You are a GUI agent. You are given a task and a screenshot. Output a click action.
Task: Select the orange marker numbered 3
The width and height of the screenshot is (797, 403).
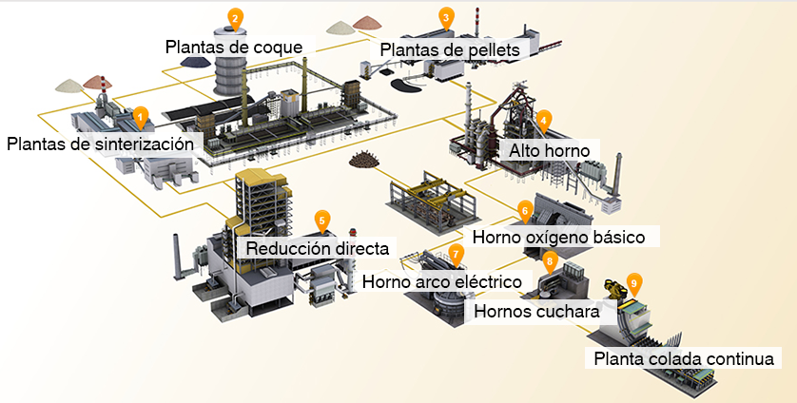pyautogui.click(x=446, y=17)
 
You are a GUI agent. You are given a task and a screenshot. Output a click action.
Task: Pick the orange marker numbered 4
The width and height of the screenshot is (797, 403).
pyautogui.click(x=543, y=120)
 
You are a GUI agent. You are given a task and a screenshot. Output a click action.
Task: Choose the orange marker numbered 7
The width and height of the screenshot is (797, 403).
pyautogui.click(x=456, y=254)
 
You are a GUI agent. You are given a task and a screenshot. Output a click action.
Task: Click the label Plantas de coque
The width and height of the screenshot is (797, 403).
pyautogui.click(x=234, y=46)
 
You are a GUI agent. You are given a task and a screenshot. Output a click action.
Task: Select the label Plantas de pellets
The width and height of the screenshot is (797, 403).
pyautogui.click(x=455, y=48)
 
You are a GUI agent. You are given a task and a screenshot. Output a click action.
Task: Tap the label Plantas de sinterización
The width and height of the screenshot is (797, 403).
pyautogui.click(x=106, y=144)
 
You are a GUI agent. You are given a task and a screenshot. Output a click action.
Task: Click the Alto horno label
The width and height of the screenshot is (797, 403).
pyautogui.click(x=549, y=150)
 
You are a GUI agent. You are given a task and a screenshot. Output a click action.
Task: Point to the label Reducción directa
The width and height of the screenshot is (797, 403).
pyautogui.click(x=318, y=249)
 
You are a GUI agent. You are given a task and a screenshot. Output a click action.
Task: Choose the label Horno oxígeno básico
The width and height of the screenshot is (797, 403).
pyautogui.click(x=558, y=235)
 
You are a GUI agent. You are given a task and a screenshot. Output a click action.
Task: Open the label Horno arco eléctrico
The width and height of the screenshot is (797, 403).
pyautogui.click(x=442, y=281)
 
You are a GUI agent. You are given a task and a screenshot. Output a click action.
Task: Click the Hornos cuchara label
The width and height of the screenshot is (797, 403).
pyautogui.click(x=536, y=310)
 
